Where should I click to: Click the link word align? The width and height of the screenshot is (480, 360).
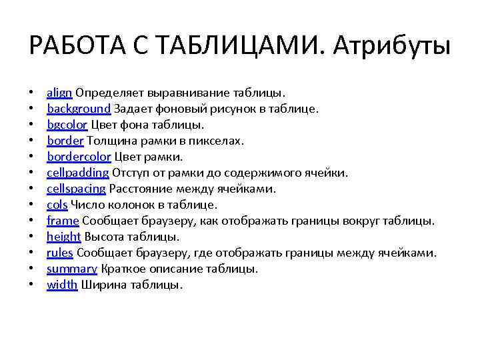coord(59,93)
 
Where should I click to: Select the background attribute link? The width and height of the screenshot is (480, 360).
coord(78,109)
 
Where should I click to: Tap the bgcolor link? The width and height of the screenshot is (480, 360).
coord(67,125)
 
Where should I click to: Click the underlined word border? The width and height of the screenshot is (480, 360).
coord(65,141)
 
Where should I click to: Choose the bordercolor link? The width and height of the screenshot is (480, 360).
coord(79,157)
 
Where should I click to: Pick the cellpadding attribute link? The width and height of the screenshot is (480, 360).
coord(77,173)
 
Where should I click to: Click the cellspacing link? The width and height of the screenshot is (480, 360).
coord(76,189)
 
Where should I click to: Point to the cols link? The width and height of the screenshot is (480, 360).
coord(57,205)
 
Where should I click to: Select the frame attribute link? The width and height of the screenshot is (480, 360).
coord(63,221)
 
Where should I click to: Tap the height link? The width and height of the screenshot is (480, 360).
coord(63,237)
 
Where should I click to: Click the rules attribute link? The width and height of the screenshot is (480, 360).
coord(60,253)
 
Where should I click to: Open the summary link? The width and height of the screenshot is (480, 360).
coord(71,269)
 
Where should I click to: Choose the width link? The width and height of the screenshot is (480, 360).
coord(61,285)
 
